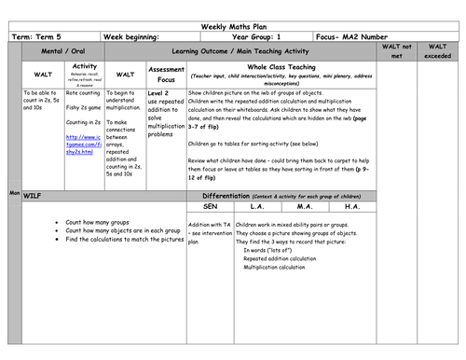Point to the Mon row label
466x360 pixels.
(14, 192)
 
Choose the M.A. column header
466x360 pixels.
(304, 209)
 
